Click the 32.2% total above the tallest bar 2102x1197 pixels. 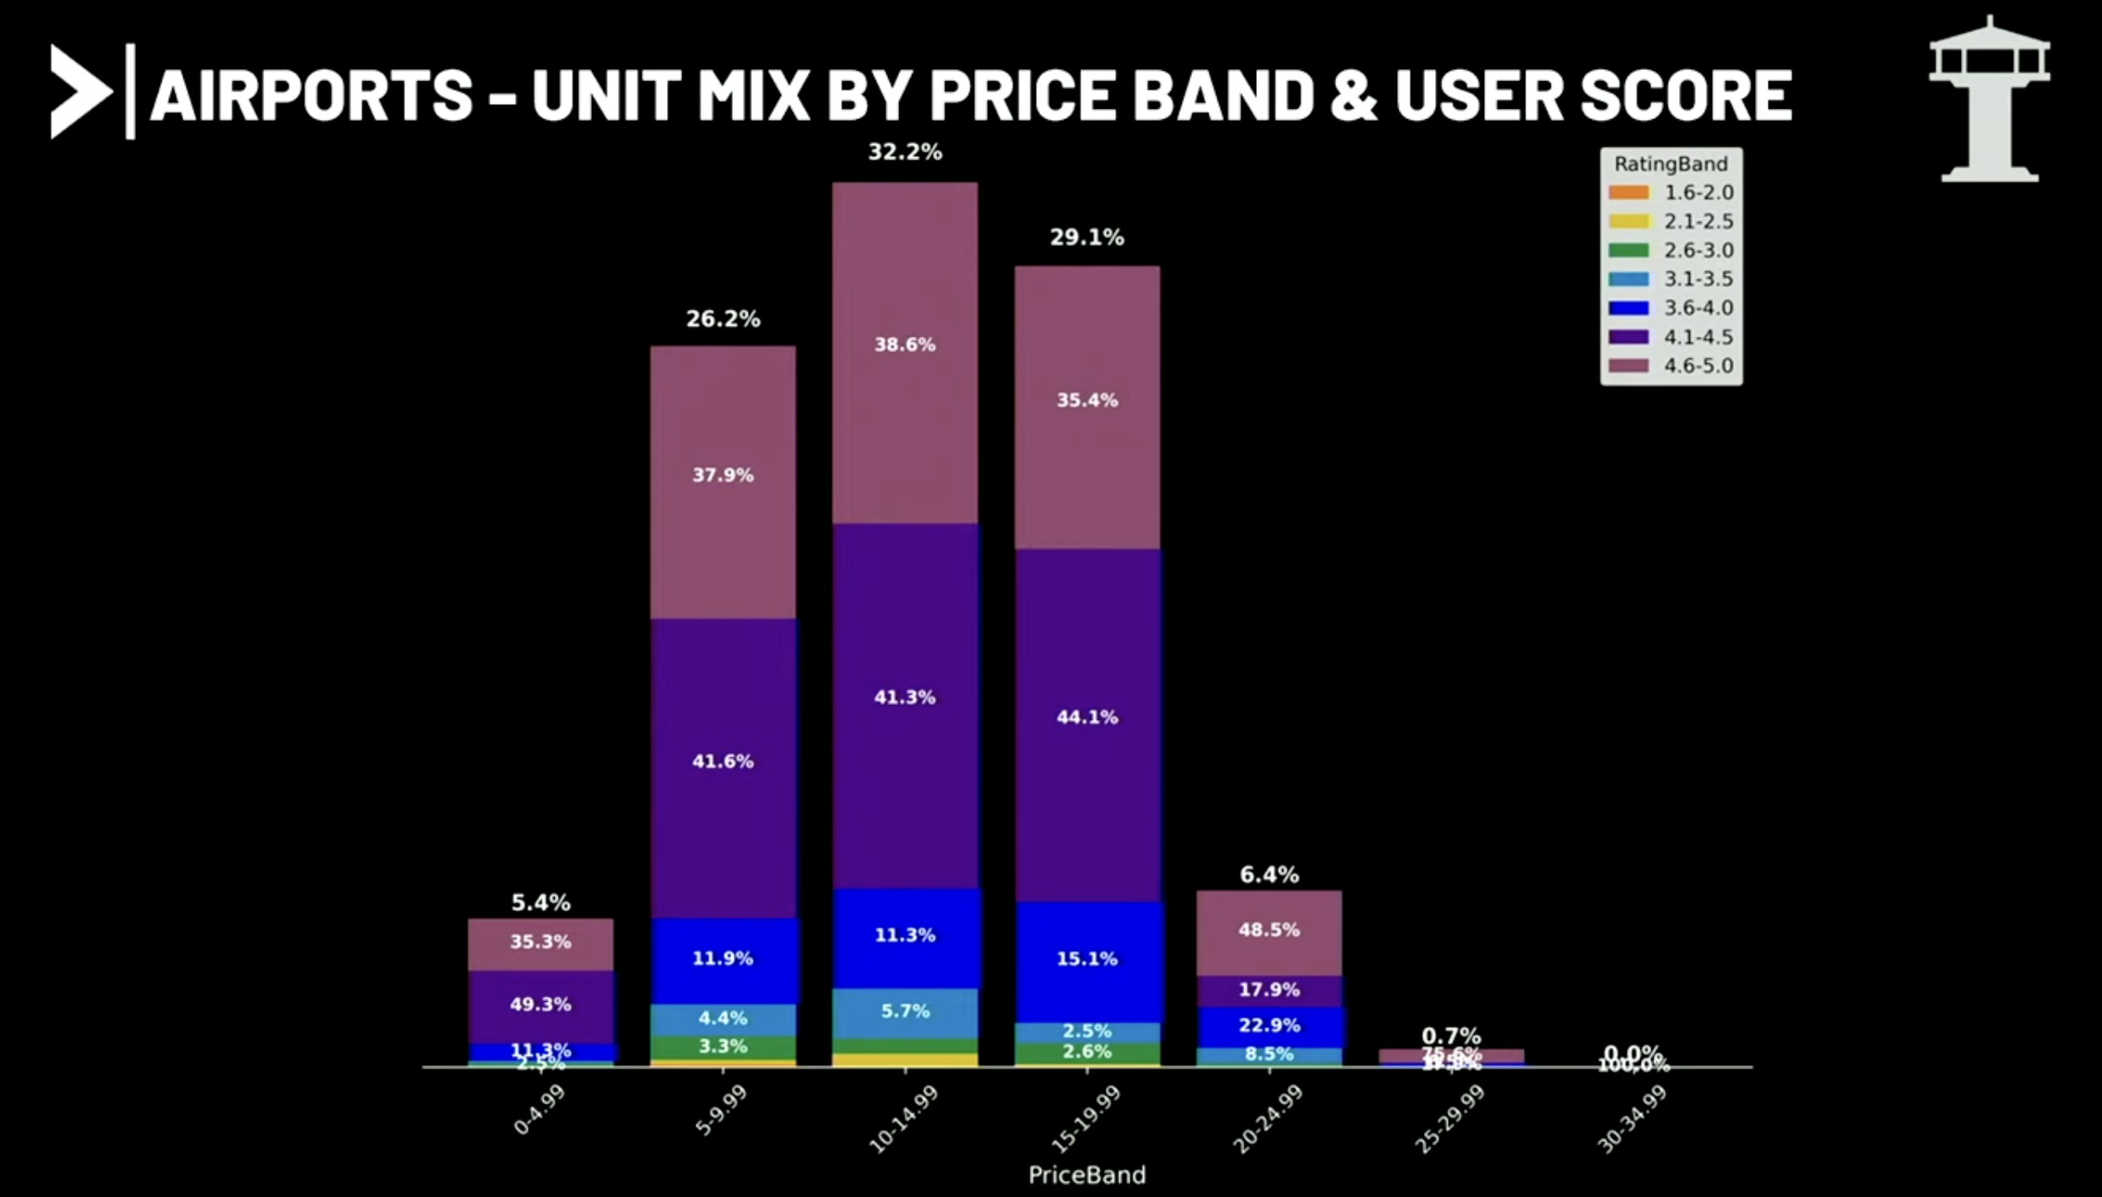pyautogui.click(x=905, y=152)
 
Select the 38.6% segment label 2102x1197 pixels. pyautogui.click(x=905, y=344)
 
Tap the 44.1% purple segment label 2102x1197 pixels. pyautogui.click(x=1087, y=717)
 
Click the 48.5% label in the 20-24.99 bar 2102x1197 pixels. pyautogui.click(x=1269, y=929)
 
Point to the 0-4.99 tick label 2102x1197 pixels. pyautogui.click(x=540, y=1109)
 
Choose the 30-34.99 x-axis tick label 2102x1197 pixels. pyautogui.click(x=1633, y=1118)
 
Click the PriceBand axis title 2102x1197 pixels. pyautogui.click(x=1086, y=1174)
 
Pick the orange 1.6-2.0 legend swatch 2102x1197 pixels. pyautogui.click(x=1628, y=192)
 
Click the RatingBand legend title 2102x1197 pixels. pyautogui.click(x=1671, y=164)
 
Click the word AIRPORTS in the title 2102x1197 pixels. pyautogui.click(x=312, y=95)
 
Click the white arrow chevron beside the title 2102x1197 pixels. pyautogui.click(x=79, y=91)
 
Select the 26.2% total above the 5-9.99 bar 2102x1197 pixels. pyautogui.click(x=723, y=319)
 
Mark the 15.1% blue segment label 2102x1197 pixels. pyautogui.click(x=1087, y=958)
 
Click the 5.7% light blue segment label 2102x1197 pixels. pyautogui.click(x=905, y=1010)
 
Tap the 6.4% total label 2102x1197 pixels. pyautogui.click(x=1269, y=875)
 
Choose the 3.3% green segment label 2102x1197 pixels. pyautogui.click(x=723, y=1046)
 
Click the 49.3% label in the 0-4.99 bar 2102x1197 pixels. pyautogui.click(x=540, y=1004)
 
